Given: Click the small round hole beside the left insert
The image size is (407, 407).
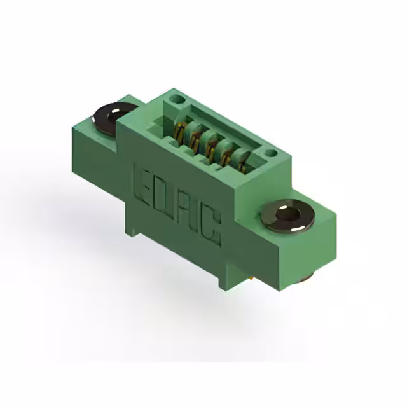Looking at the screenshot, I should [176, 100].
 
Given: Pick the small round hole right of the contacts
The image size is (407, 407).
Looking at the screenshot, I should [270, 153].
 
